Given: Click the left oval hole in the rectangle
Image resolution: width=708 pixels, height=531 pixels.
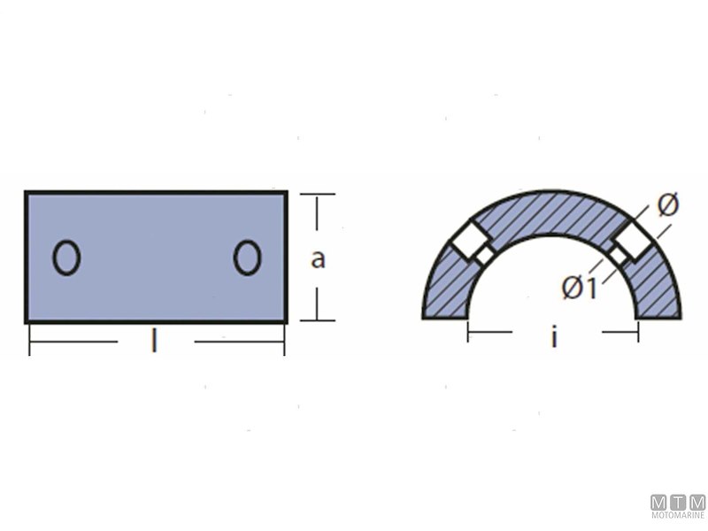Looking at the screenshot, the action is pyautogui.click(x=66, y=258).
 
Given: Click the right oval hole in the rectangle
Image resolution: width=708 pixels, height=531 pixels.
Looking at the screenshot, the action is pyautogui.click(x=247, y=258).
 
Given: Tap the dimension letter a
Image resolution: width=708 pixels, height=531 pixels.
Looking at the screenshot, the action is pyautogui.click(x=318, y=259).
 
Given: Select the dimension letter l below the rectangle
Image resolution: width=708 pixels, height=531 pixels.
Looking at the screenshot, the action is pyautogui.click(x=154, y=341).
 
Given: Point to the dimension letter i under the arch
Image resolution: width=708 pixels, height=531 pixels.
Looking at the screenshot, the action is pyautogui.click(x=554, y=336).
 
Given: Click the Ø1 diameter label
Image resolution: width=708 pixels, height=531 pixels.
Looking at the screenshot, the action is pyautogui.click(x=580, y=288).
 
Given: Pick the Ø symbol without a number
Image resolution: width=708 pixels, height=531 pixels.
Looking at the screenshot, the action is pyautogui.click(x=668, y=205).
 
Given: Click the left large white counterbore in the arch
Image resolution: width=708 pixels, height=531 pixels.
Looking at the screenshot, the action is pyautogui.click(x=470, y=240).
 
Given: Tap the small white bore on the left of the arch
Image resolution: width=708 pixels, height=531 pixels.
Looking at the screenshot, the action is pyautogui.click(x=483, y=256).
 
